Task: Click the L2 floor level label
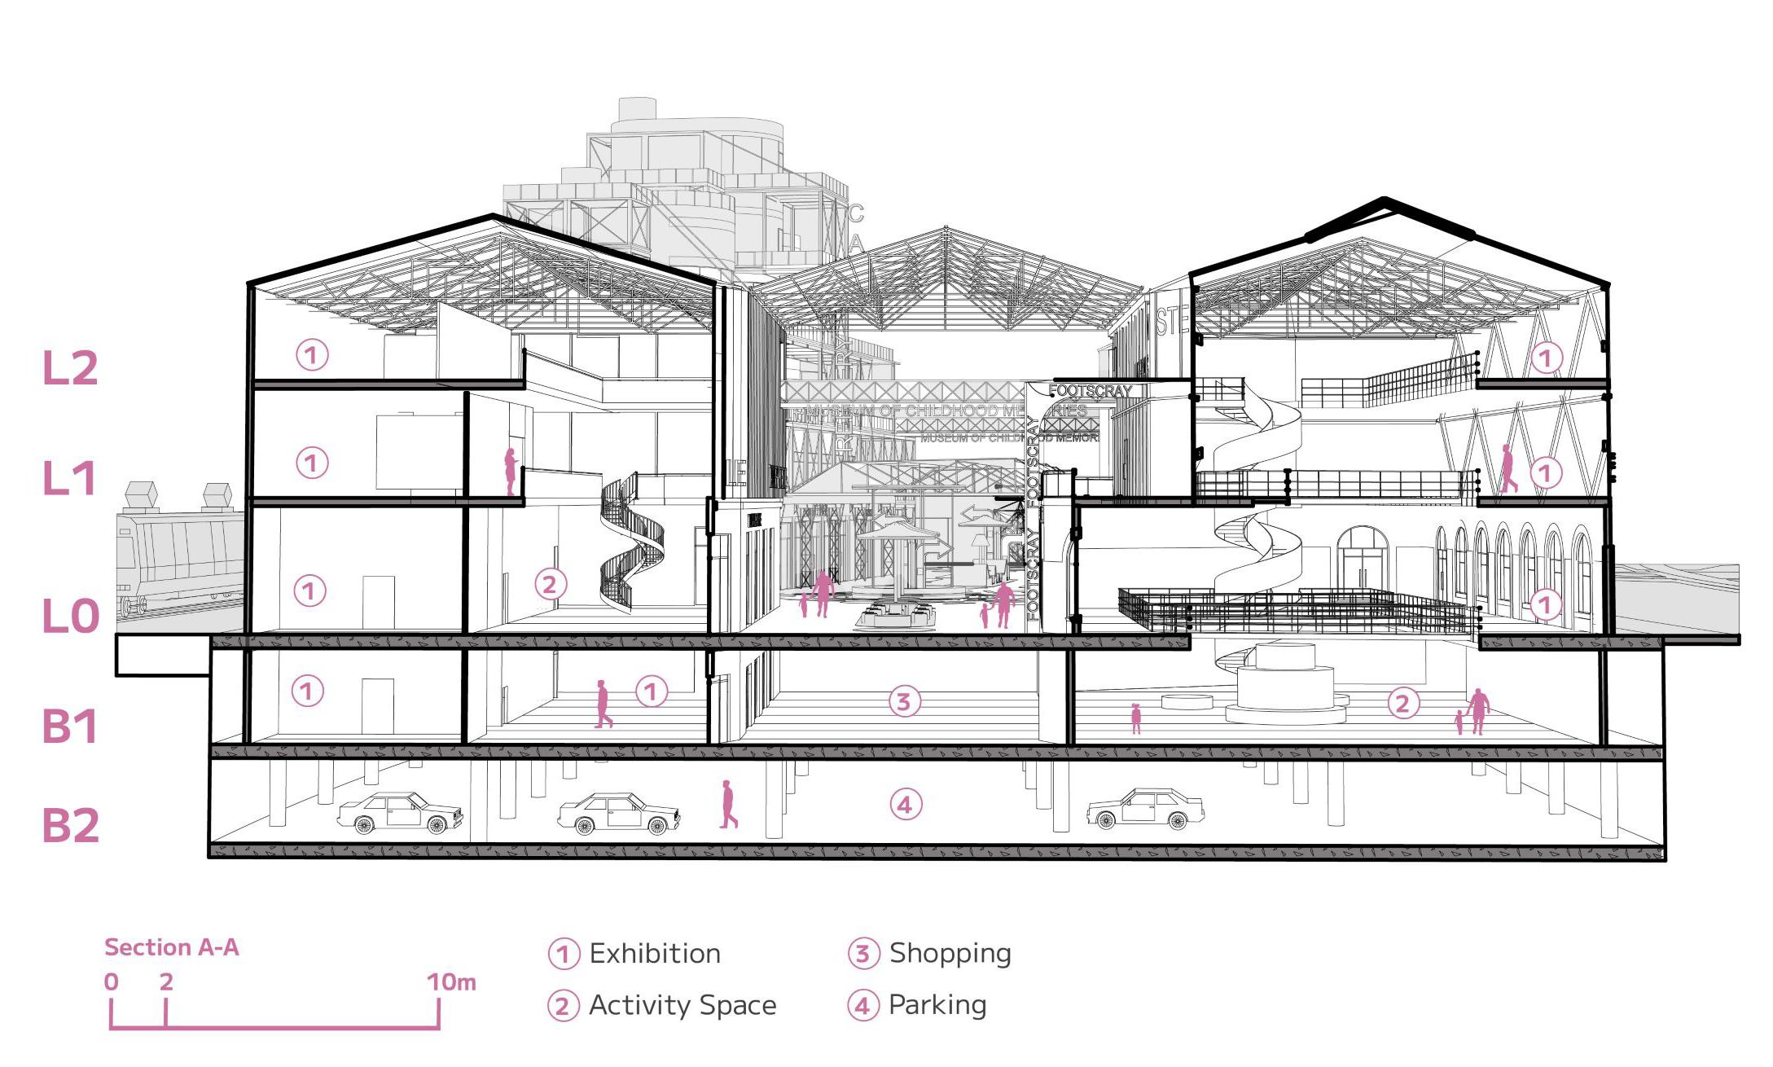[70, 368]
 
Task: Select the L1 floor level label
[70, 478]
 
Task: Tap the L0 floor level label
[70, 617]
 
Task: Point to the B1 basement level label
[70, 726]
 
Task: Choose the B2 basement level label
[70, 825]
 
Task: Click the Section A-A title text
[171, 947]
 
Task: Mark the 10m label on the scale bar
[450, 982]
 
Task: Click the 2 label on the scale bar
[166, 982]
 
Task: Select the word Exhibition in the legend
[655, 954]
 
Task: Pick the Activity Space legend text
[682, 1005]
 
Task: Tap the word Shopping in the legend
[950, 953]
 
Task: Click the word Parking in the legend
[937, 1005]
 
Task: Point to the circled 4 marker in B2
[905, 805]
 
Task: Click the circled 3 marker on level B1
[902, 701]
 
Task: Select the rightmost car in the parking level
[1145, 808]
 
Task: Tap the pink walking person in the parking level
[728, 805]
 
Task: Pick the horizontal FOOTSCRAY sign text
[1091, 391]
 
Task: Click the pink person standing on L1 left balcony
[511, 472]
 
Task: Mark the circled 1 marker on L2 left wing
[311, 355]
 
